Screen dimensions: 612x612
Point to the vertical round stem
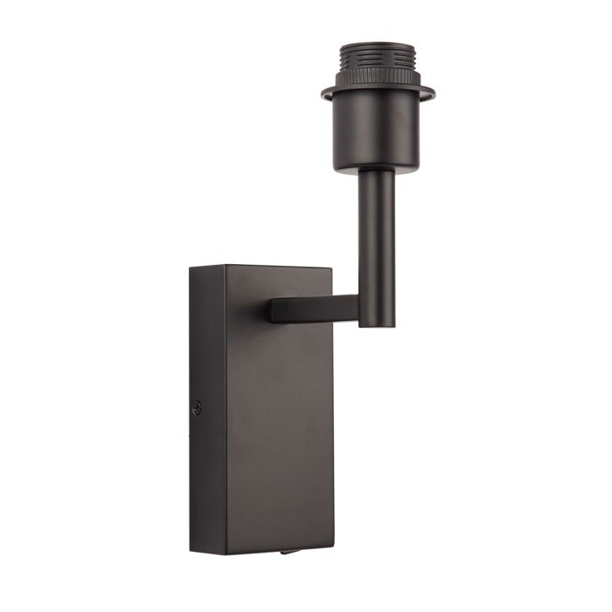[376, 236]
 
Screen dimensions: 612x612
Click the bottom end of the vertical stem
[376, 324]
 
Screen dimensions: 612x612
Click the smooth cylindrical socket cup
[377, 131]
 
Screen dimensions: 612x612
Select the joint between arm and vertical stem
[367, 309]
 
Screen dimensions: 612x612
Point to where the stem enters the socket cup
[376, 170]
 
